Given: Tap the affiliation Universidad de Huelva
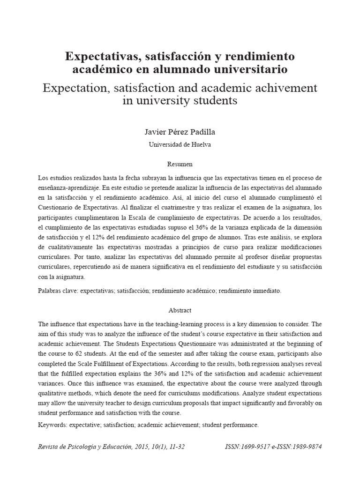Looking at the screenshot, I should point(180,145).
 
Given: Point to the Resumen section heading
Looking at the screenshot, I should point(180,165).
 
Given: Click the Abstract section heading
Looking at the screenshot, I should point(180,310).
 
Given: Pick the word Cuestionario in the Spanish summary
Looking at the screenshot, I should point(57,207).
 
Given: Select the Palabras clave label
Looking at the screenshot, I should point(58,291).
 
